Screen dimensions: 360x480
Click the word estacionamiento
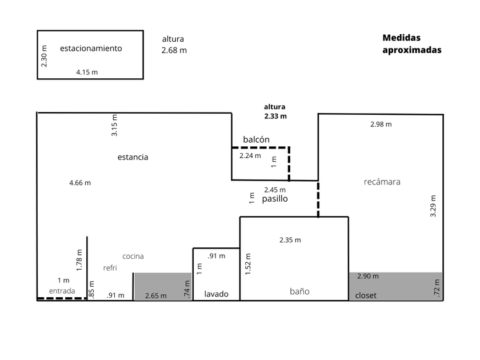[91, 49]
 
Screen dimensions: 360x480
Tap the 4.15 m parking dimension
[87, 72]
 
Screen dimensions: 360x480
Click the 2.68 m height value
[174, 50]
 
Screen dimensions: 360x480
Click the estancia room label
[133, 157]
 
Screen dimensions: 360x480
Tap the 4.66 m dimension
[80, 183]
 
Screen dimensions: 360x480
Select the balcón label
[256, 139]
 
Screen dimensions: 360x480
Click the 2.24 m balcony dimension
[250, 155]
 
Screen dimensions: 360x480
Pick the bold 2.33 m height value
[275, 115]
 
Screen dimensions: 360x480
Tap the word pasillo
[274, 199]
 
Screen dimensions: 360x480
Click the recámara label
[382, 182]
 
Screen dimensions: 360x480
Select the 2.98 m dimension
[381, 124]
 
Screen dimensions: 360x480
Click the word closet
[366, 295]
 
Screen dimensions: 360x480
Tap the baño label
[299, 291]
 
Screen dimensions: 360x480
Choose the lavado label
[217, 294]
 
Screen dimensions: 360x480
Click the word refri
[110, 268]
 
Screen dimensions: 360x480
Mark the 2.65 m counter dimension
[156, 295]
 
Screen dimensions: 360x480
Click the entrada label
[62, 291]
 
